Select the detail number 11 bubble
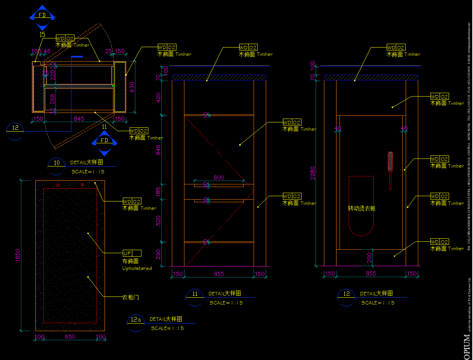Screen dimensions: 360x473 click(195, 294)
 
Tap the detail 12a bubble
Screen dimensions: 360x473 click(136, 320)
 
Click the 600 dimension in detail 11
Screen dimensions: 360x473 click(219, 178)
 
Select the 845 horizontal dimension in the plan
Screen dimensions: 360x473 click(79, 119)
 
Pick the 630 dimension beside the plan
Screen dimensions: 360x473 click(132, 88)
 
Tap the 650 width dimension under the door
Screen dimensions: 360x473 click(70, 337)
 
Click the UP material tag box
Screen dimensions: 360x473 click(132, 253)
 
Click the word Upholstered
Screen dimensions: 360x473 click(137, 268)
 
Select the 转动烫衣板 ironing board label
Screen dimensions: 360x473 click(362, 208)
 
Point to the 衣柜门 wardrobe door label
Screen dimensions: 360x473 click(130, 297)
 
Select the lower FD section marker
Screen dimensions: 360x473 click(104, 141)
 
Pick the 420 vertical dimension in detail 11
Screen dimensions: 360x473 click(159, 98)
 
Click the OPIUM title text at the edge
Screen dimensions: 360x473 click(467, 346)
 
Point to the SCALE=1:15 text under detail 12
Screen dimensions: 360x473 click(378, 303)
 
